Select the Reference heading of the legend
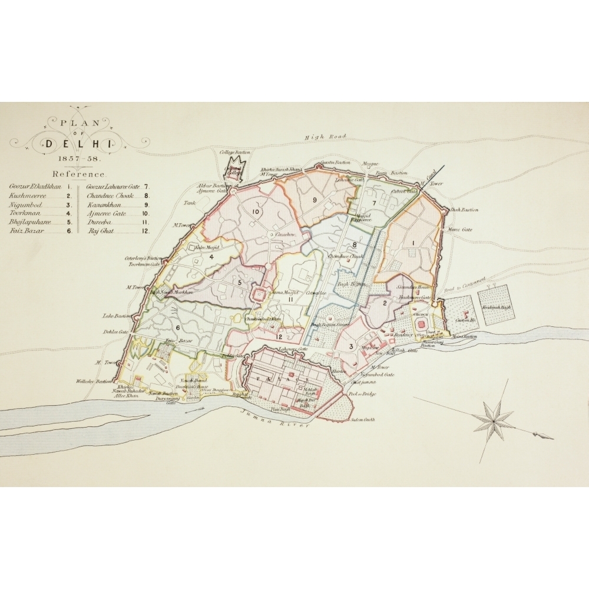tap(78, 174)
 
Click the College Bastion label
tap(235, 152)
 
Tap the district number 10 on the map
tap(256, 211)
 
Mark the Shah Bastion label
tap(463, 210)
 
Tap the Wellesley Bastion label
tap(94, 382)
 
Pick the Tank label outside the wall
tap(189, 203)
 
